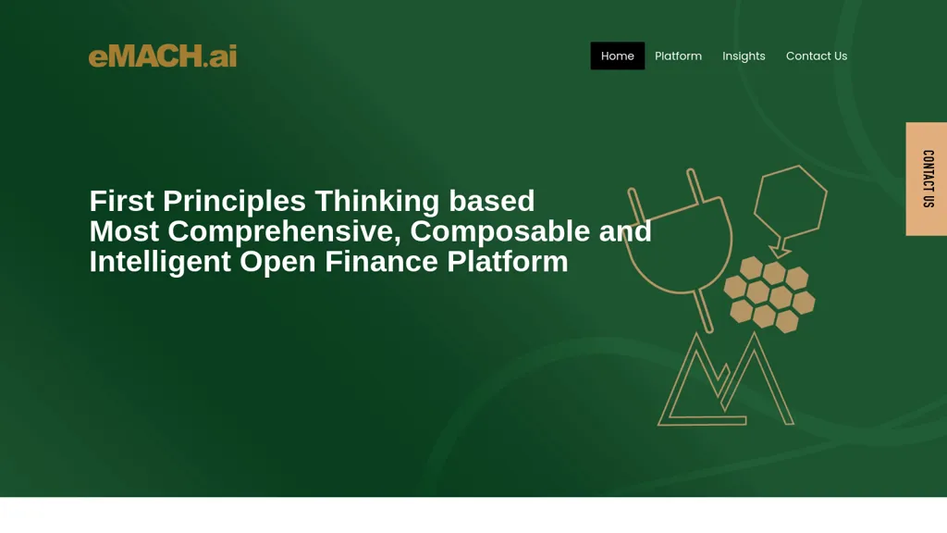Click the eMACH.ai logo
pyautogui.click(x=163, y=56)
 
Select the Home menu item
pyautogui.click(x=617, y=56)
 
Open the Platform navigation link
pyautogui.click(x=678, y=56)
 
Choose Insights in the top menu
pyautogui.click(x=744, y=56)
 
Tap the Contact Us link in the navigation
pyautogui.click(x=816, y=56)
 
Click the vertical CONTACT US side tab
pyautogui.click(x=927, y=179)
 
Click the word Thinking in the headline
pyautogui.click(x=377, y=201)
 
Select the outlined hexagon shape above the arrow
pyautogui.click(x=791, y=199)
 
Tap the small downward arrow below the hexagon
pyautogui.click(x=781, y=249)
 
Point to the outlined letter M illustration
pyautogui.click(x=724, y=384)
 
